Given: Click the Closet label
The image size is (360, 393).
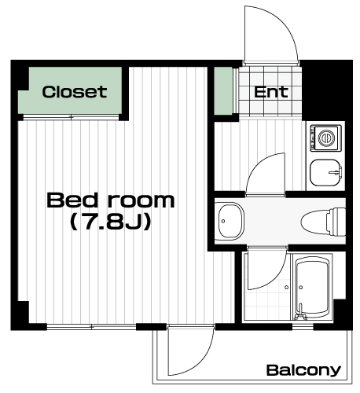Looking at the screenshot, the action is click(x=75, y=92).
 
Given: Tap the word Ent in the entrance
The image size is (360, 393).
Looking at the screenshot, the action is click(x=271, y=92).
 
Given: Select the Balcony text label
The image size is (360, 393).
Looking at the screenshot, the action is click(x=303, y=370).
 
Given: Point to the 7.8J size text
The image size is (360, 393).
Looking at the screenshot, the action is click(x=111, y=222).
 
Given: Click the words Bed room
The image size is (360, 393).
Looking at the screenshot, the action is click(x=111, y=200).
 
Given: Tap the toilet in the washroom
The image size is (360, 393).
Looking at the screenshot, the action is click(x=323, y=222).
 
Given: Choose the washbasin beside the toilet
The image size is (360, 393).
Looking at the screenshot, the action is click(x=230, y=221).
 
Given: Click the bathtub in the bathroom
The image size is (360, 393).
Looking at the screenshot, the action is click(x=311, y=287).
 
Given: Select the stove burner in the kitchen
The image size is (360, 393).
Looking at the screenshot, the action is click(x=326, y=138).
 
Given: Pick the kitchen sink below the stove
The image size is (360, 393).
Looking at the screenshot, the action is click(x=325, y=172).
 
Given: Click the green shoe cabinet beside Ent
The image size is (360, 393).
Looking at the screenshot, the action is click(x=223, y=91).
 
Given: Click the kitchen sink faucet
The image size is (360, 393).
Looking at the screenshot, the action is click(x=336, y=172).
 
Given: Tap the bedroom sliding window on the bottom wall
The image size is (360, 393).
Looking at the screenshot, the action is click(x=91, y=327).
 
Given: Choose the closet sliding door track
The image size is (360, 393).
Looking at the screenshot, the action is click(x=71, y=117).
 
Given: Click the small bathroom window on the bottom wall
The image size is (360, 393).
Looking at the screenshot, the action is click(x=303, y=327).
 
